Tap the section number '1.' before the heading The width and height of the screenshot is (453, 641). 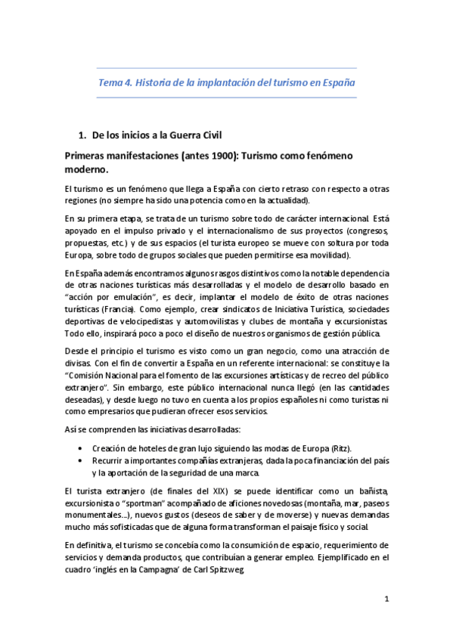[x=83, y=136]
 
